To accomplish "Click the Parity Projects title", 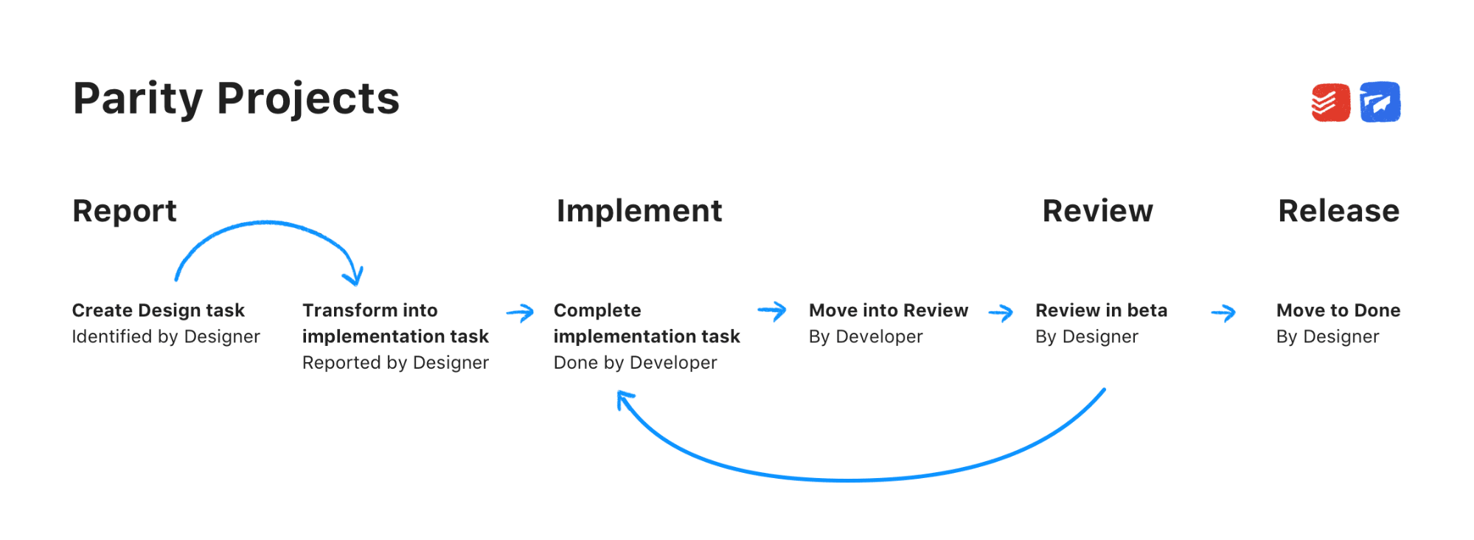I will [236, 99].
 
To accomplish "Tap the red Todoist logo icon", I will [1330, 103].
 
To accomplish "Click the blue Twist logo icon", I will [1380, 103].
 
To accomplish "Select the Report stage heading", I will [125, 211].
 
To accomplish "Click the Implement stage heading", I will [639, 211].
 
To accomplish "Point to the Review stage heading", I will [1097, 211].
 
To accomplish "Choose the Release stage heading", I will [1338, 211].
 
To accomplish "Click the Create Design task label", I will [158, 311].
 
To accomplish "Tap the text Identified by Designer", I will [166, 337].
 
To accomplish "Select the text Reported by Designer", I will [395, 363].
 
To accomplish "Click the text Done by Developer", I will [635, 363].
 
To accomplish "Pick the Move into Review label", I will [888, 311].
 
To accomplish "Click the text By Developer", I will [865, 337].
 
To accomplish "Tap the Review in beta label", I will [1101, 311].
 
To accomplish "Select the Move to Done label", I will [1338, 311].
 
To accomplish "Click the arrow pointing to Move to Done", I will [1223, 314].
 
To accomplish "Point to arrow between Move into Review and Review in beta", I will [1001, 314].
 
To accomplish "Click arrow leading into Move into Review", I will [772, 311].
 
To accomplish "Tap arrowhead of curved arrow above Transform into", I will [354, 277].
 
